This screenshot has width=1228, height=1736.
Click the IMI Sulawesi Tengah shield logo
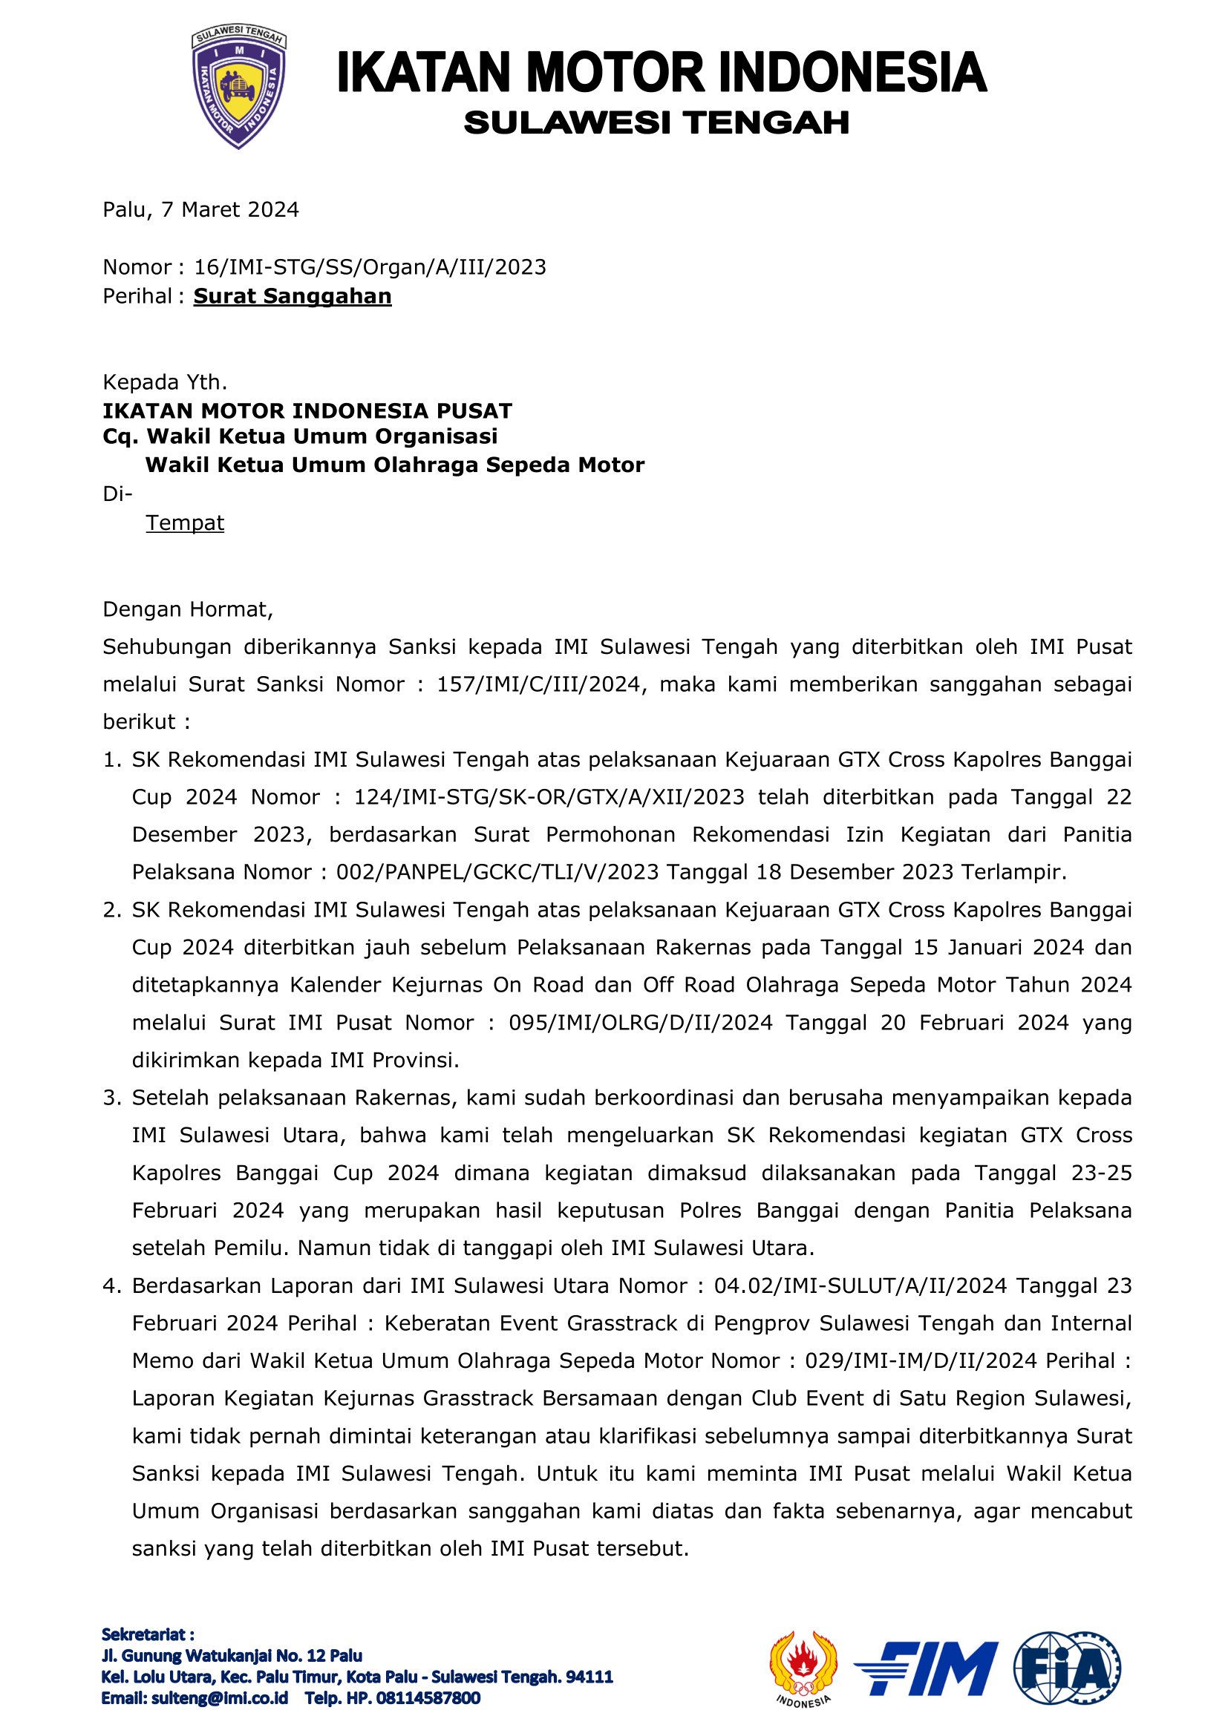pos(238,88)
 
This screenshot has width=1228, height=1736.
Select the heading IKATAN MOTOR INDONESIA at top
pos(661,73)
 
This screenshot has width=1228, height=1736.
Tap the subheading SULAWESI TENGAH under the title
pos(656,122)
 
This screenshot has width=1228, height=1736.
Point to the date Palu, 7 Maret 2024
pos(201,209)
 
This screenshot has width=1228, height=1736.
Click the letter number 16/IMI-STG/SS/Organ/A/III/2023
pos(370,267)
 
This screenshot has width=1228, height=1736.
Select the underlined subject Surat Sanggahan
pos(293,296)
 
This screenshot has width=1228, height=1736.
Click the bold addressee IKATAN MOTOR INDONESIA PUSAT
pos(307,410)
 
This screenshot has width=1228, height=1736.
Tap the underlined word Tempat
pos(186,523)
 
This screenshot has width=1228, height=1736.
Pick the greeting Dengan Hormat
pos(188,609)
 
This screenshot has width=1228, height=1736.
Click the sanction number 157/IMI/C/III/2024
pos(538,684)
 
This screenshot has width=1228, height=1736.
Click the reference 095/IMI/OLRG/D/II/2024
pos(641,1022)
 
